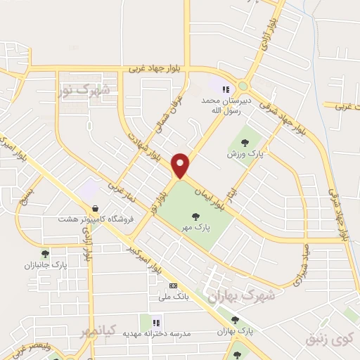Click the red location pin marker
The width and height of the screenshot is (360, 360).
click(x=181, y=165)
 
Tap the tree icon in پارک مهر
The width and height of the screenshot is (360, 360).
click(x=195, y=217)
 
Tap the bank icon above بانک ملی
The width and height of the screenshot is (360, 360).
click(x=173, y=286)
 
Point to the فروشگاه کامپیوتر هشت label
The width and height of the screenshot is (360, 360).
click(x=93, y=220)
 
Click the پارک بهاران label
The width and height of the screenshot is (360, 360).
click(x=235, y=330)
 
